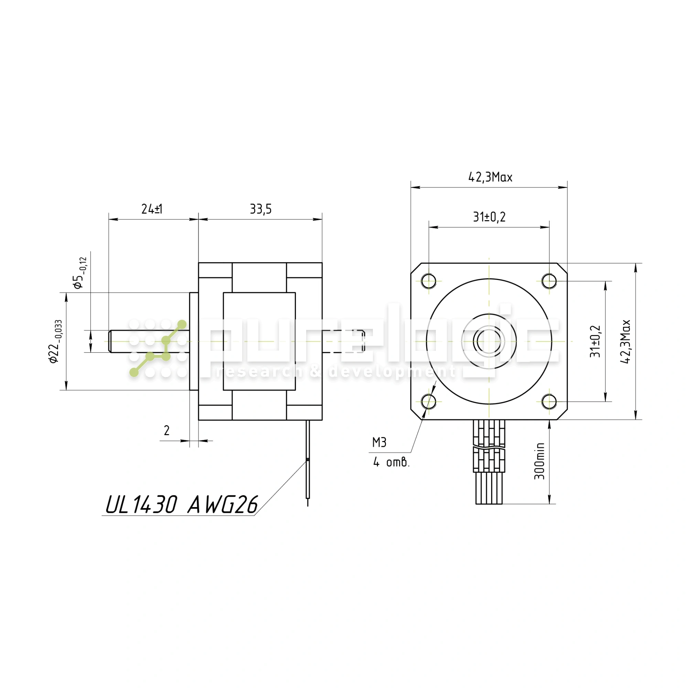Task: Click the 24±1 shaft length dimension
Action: point(152,209)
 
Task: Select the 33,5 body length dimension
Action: point(261,209)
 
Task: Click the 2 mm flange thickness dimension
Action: point(166,431)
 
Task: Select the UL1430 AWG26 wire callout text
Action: point(182,505)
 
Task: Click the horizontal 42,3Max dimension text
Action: point(490,177)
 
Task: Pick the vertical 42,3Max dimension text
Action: point(625,342)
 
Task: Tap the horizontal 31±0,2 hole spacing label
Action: point(489,217)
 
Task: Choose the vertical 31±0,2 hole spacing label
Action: point(595,341)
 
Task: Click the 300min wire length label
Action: point(539,461)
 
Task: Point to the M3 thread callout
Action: point(379,443)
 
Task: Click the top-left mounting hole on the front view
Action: point(429,281)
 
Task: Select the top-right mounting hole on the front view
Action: point(549,281)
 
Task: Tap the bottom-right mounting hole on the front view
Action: point(549,402)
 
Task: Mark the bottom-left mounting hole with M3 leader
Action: point(429,402)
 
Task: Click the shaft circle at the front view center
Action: point(489,342)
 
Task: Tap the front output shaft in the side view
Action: point(149,342)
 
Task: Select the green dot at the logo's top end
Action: point(182,324)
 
